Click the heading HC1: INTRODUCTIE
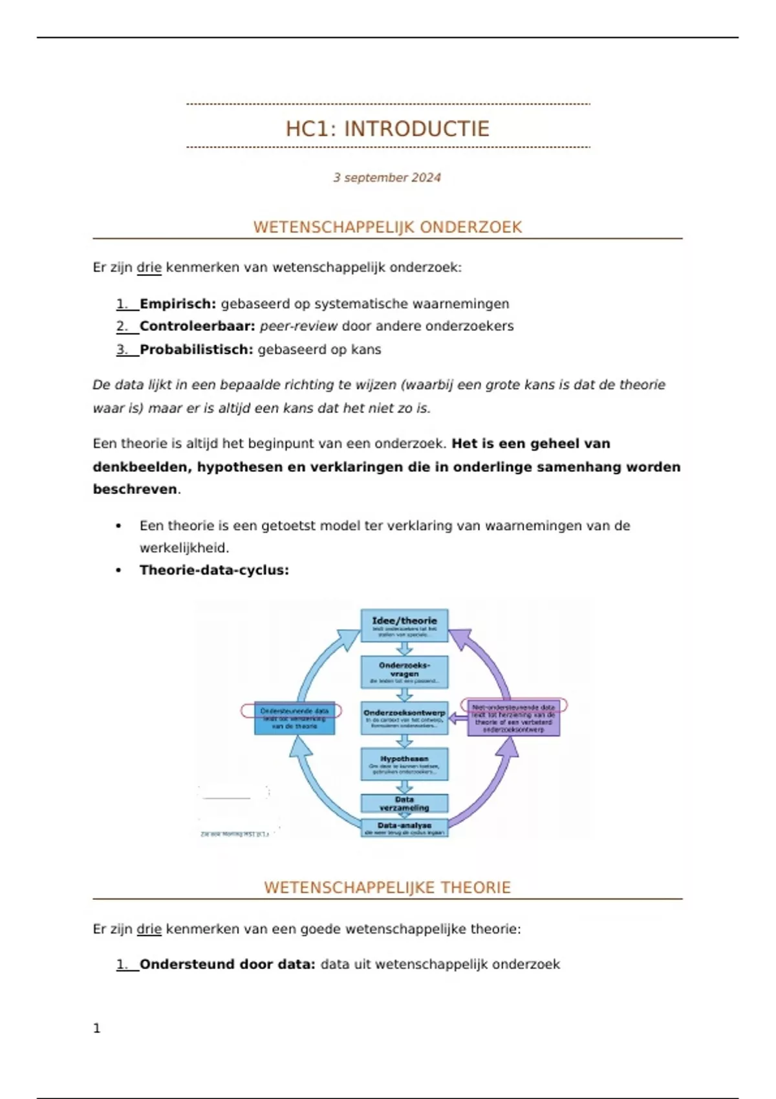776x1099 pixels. (x=387, y=129)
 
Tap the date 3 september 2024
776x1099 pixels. (x=387, y=178)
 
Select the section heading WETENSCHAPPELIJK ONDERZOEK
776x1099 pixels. (x=387, y=227)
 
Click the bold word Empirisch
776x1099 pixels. (x=178, y=304)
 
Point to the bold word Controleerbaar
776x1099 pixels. (x=197, y=326)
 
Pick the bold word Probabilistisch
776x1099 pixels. (x=196, y=350)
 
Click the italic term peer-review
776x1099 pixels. (x=298, y=326)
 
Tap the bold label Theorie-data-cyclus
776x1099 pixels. (x=214, y=570)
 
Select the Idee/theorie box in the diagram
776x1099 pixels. (x=404, y=625)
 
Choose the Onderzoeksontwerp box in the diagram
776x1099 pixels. (x=404, y=718)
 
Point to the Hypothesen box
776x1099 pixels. (x=404, y=763)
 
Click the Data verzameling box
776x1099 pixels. (x=404, y=804)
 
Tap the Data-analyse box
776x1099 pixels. (x=404, y=828)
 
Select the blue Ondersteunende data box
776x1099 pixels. (x=294, y=718)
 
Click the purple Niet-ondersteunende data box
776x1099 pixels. (x=513, y=718)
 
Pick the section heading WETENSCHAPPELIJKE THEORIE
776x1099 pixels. (x=387, y=888)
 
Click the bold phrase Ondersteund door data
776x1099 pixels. (x=227, y=965)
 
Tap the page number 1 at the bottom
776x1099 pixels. (x=97, y=1029)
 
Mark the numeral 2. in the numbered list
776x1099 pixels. (x=122, y=326)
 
